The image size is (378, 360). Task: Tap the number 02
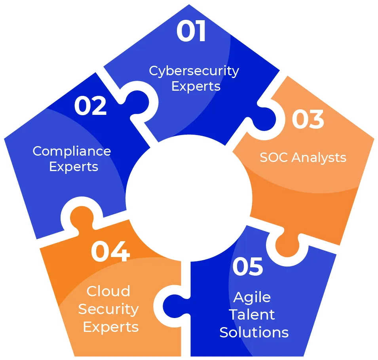[91, 106]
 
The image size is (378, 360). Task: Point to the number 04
[110, 251]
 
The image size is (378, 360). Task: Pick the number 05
[248, 267]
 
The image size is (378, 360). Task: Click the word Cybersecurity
[194, 71]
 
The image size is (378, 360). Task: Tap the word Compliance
[72, 151]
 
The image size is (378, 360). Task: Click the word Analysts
[319, 158]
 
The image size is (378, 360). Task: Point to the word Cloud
[108, 291]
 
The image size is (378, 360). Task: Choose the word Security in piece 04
[108, 309]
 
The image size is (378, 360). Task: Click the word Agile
[252, 297]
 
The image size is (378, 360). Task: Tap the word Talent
[252, 314]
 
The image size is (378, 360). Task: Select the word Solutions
[254, 332]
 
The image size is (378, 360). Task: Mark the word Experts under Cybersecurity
[196, 86]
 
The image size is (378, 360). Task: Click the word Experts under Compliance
[74, 167]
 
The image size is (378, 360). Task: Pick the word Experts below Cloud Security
[111, 327]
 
